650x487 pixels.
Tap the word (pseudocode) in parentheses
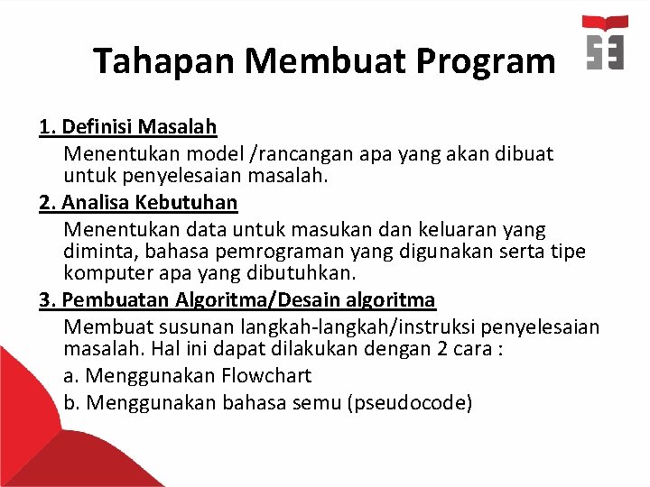409,402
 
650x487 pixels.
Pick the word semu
317,402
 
